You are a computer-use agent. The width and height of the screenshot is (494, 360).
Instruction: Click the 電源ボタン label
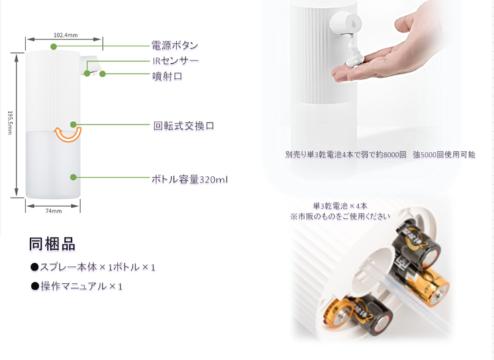[x=175, y=46]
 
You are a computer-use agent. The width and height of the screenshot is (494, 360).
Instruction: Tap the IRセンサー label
[x=175, y=60]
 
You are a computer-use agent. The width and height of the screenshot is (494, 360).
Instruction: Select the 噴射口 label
[x=167, y=76]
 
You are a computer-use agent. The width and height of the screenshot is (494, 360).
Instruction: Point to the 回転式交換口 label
[x=184, y=126]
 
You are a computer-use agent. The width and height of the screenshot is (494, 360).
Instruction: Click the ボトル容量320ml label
[x=190, y=179]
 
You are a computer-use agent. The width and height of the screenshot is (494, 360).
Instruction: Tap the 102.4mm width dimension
[x=66, y=35]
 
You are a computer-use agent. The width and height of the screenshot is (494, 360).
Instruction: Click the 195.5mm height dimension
[x=10, y=123]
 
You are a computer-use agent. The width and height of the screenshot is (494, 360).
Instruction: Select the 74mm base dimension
[x=54, y=211]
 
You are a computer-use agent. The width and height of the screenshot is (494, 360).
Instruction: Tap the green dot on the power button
[x=54, y=46]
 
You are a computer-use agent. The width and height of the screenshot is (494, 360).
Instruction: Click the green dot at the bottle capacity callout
[x=73, y=177]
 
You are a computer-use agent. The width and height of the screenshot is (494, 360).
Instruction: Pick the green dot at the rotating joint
[x=73, y=124]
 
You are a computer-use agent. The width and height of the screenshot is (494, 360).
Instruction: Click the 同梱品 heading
[x=52, y=244]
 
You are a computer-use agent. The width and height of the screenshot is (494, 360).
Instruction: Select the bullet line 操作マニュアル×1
[x=77, y=286]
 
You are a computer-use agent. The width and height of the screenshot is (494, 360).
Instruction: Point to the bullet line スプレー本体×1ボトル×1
[x=93, y=267]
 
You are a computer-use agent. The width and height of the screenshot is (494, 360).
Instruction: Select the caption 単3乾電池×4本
[x=340, y=206]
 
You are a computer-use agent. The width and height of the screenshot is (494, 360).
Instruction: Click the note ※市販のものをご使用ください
[x=340, y=216]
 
